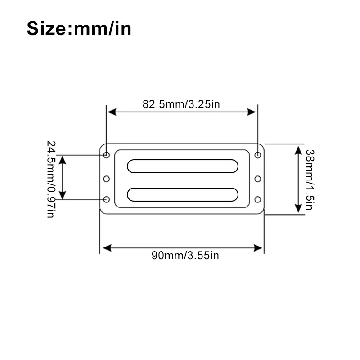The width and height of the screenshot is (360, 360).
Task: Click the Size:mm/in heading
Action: coord(79,28)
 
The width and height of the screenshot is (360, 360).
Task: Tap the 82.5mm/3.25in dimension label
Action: coord(181,104)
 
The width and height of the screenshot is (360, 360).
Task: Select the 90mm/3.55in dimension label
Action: coord(185,255)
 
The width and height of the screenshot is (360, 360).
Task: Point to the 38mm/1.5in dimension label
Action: coord(310,180)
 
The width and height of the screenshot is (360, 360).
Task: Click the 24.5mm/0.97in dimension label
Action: coord(51,179)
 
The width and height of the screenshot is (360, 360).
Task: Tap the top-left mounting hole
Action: coord(106,155)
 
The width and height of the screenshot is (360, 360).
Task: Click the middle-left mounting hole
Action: coord(106,179)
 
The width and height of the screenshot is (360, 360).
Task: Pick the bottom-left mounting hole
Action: coord(106,199)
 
